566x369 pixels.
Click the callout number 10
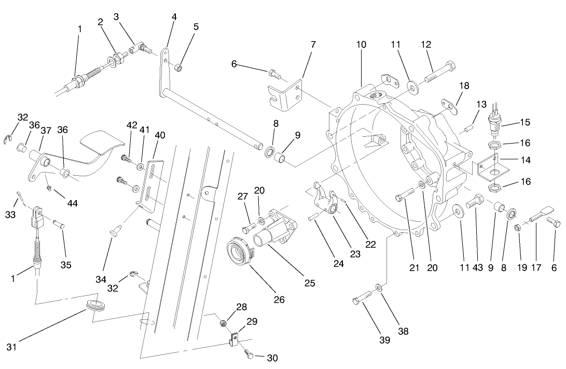[x=361, y=45]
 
